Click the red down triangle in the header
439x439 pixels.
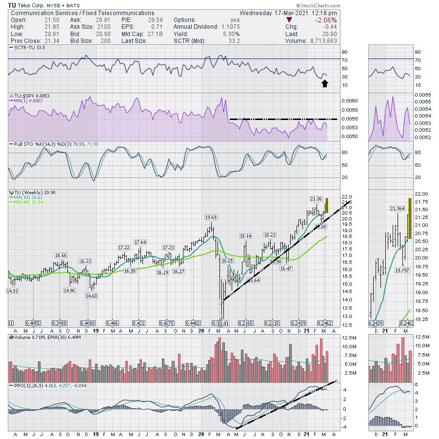coord(289,20)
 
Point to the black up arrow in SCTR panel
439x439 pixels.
coord(324,83)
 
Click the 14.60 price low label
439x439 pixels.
coord(91,296)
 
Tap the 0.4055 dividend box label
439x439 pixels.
coord(33,323)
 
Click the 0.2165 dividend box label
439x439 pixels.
coord(245,323)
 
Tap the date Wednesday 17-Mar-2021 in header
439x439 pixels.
coord(281,13)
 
